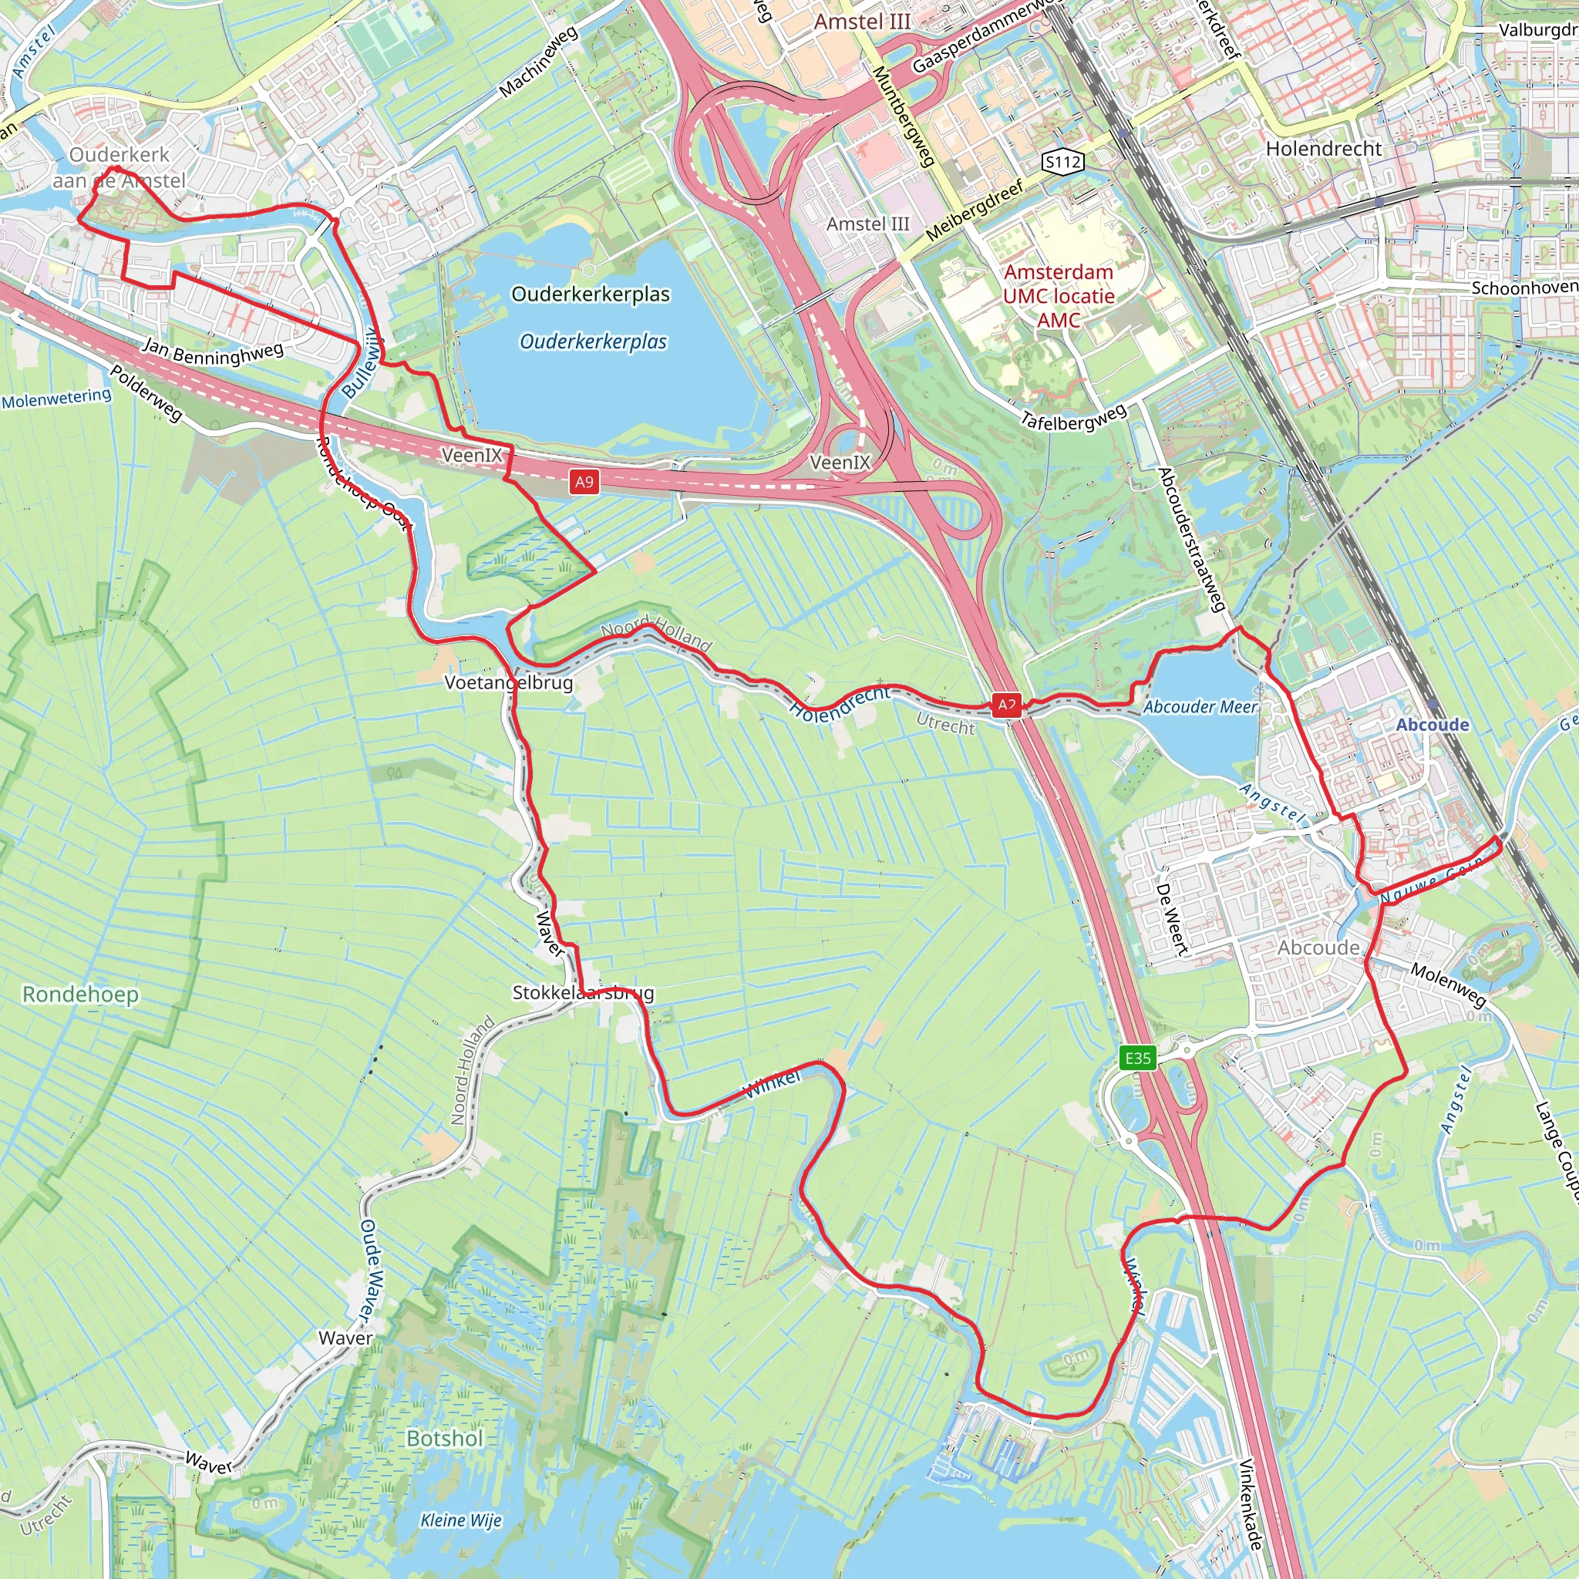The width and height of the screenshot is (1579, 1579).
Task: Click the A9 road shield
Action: (584, 481)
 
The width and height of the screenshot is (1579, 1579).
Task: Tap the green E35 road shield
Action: (1138, 1059)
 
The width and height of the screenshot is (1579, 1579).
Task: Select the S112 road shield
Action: (1063, 162)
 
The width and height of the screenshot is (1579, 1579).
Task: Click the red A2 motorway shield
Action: (1007, 705)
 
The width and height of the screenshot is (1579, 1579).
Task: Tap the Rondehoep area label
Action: (80, 994)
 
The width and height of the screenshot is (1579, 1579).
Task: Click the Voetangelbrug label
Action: (508, 682)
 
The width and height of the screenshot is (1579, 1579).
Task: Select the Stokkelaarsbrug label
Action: (583, 992)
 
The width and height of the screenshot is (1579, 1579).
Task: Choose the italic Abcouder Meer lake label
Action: (1200, 707)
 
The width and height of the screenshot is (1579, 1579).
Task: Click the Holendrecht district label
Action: (1323, 149)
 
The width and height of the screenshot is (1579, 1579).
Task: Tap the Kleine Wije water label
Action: (461, 1520)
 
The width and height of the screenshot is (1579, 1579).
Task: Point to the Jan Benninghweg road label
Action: (214, 352)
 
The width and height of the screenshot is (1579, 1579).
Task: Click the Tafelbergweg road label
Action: (1074, 416)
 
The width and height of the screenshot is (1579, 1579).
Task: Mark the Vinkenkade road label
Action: (1251, 1503)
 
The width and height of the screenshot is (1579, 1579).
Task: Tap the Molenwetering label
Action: (56, 398)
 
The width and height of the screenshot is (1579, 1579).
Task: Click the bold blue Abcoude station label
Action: (1432, 725)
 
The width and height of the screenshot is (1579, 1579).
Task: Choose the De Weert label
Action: (1172, 918)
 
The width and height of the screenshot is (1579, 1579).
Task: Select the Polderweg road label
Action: (146, 393)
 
